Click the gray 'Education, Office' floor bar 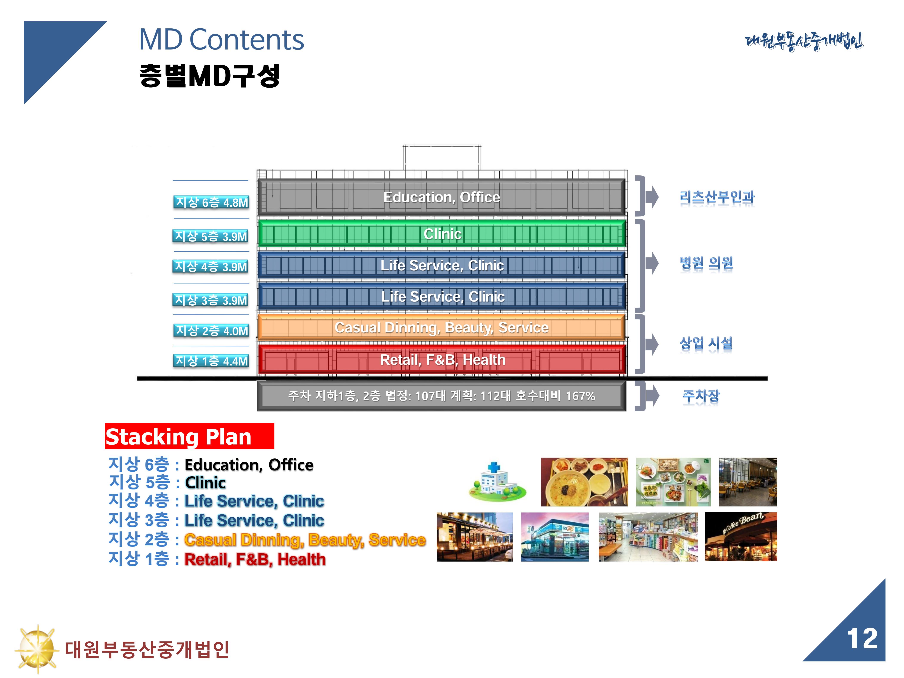441,197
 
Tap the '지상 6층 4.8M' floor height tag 211,202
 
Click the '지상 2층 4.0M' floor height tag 211,330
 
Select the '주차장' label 701,396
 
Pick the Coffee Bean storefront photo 741,537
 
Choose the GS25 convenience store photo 555,537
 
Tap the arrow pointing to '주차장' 652,396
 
